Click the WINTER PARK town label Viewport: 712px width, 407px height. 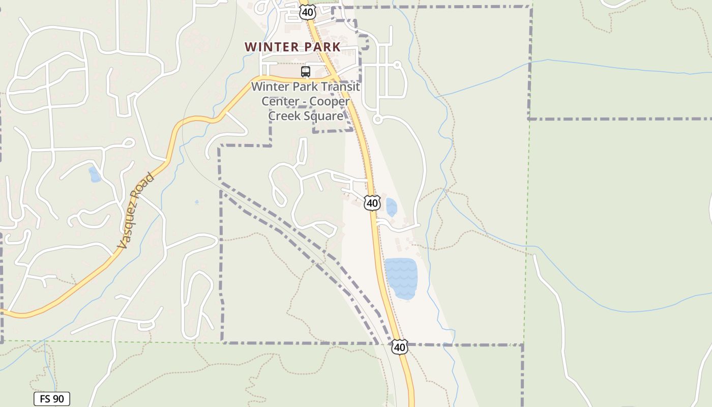(x=292, y=47)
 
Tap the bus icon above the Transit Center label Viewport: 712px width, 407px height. (x=305, y=72)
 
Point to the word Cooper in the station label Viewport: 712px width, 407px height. (x=331, y=101)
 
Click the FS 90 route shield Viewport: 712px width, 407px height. (x=52, y=399)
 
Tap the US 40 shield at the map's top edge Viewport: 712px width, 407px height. (x=307, y=12)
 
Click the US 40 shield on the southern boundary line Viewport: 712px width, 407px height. (x=400, y=347)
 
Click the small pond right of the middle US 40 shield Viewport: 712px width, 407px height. (x=391, y=207)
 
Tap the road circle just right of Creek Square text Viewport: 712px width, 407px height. (x=377, y=120)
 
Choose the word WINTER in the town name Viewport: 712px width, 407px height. (x=272, y=47)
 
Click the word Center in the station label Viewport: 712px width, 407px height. (x=279, y=101)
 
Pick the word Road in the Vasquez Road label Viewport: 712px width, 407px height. (x=145, y=188)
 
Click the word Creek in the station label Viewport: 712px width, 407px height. (x=285, y=116)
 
